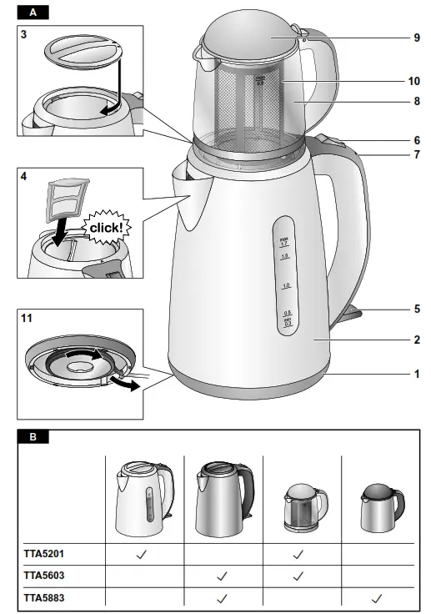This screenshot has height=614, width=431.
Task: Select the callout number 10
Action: point(414,82)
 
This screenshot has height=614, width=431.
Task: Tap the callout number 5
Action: point(416,308)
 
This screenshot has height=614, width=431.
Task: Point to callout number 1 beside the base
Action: point(416,374)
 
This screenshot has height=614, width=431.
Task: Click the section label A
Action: point(33,13)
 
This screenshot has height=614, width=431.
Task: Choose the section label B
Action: point(33,436)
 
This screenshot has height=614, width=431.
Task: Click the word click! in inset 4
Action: point(105,226)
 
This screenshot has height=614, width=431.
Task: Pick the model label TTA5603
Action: point(44,575)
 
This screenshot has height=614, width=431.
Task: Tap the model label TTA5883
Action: point(44,597)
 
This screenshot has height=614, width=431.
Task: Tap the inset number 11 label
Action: point(27,317)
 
